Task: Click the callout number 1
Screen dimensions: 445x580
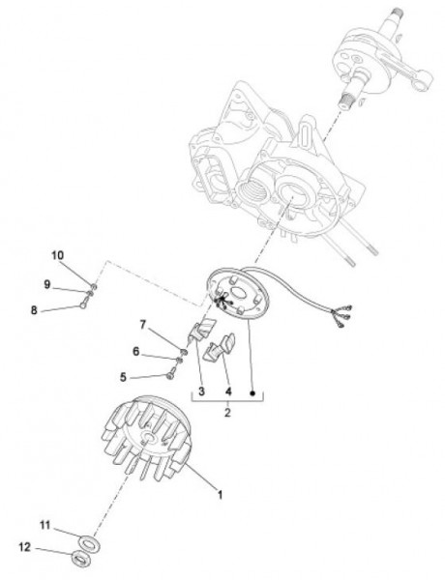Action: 220,495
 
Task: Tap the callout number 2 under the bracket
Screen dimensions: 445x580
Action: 227,412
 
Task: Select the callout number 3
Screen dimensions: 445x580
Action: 201,391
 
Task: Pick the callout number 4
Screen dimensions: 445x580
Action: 228,391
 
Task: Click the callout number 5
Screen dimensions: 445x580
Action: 123,377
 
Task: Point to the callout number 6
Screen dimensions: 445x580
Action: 135,352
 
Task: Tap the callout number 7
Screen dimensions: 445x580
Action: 143,325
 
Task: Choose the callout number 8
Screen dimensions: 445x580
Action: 34,310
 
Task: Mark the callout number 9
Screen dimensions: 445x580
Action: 46,284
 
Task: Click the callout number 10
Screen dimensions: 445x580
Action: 57,255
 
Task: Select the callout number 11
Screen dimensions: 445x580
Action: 44,525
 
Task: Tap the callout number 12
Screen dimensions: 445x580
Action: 24,547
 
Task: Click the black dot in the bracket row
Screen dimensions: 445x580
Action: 252,392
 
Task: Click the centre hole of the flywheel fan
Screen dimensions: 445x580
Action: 148,437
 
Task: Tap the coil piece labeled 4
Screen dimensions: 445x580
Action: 221,348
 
